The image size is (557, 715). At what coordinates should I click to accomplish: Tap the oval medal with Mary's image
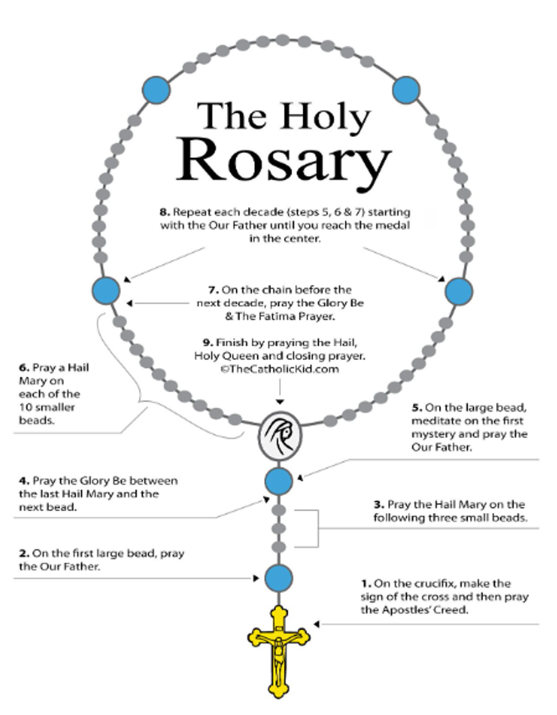tap(280, 436)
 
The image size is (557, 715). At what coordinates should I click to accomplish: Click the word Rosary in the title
tap(284, 162)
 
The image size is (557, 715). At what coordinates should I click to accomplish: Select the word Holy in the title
tap(325, 117)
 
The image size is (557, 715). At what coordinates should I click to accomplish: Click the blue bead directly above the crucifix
tap(278, 578)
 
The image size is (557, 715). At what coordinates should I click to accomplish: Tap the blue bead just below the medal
tap(278, 481)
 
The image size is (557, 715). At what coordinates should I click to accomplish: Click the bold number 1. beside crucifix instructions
tap(366, 584)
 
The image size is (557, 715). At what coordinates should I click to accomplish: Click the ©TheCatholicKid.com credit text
tap(280, 369)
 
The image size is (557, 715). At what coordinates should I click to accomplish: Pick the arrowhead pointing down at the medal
tap(280, 402)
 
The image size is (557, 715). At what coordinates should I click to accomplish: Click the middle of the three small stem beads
tap(279, 529)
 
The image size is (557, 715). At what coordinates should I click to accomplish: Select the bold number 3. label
tap(379, 505)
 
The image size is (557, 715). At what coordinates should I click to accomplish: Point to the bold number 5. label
tap(417, 408)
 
